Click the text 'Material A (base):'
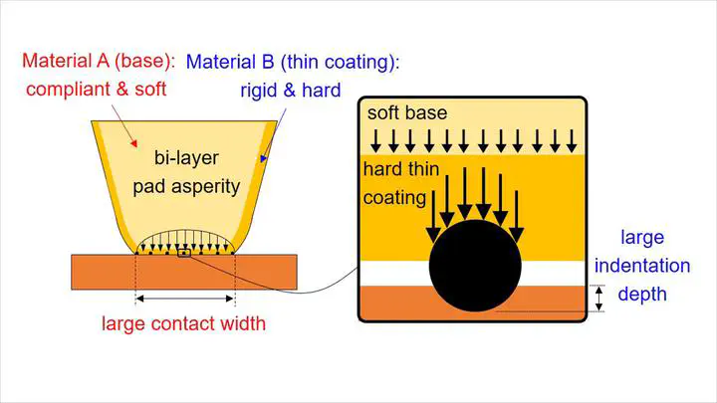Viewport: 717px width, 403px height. [x=99, y=61]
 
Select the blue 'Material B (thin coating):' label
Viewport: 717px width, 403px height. [x=293, y=62]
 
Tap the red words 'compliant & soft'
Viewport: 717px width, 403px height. [x=96, y=90]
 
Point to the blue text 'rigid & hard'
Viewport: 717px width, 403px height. [x=291, y=91]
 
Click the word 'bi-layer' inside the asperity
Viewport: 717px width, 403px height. [x=186, y=158]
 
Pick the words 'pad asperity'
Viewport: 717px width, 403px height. [x=186, y=187]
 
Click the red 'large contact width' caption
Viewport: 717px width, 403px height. [x=183, y=323]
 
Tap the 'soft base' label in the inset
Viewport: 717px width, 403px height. [x=407, y=112]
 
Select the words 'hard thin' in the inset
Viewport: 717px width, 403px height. [x=401, y=169]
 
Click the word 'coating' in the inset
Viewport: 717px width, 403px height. [x=394, y=198]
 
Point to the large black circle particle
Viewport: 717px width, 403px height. [x=475, y=266]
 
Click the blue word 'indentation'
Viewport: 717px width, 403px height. [x=642, y=266]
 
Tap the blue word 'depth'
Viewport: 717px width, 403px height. [x=642, y=295]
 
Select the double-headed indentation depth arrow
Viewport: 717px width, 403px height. [x=599, y=299]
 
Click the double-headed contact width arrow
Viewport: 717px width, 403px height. [x=185, y=299]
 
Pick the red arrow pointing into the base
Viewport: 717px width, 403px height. [x=123, y=125]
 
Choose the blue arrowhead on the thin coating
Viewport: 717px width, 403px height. [x=263, y=158]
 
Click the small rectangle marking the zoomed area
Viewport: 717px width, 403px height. [x=184, y=253]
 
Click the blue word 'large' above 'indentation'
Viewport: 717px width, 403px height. [x=642, y=238]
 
